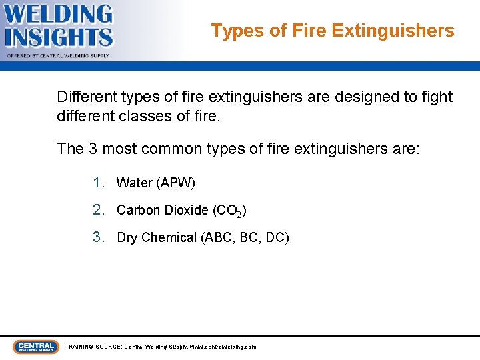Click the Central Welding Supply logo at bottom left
click(35, 347)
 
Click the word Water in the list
click(134, 183)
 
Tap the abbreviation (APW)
click(175, 183)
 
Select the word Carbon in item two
click(138, 210)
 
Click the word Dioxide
click(187, 210)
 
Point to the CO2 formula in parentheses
click(229, 211)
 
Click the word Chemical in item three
click(169, 237)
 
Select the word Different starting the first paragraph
click(85, 97)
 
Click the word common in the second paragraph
click(175, 148)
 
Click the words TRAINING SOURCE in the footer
click(93, 347)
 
